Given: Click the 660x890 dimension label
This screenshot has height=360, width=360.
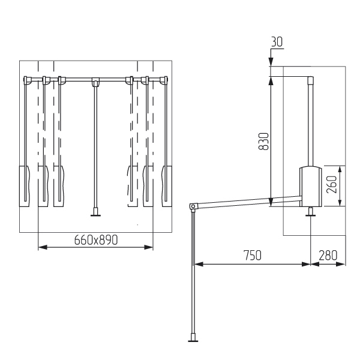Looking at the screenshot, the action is (x=96, y=240).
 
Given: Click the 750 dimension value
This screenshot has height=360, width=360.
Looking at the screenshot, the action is (x=253, y=256).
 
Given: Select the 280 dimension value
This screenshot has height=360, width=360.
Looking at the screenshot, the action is (x=328, y=256).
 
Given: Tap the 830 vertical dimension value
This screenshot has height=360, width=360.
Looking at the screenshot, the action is (x=263, y=141).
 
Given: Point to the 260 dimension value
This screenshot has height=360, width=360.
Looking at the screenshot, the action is (x=332, y=184).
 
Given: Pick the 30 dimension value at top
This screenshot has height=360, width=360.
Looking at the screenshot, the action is (x=277, y=42).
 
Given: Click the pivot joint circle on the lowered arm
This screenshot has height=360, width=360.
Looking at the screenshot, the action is (x=193, y=206).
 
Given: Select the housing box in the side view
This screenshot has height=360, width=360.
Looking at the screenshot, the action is (x=310, y=186).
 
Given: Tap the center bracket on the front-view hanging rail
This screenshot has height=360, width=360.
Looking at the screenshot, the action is (x=95, y=81).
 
